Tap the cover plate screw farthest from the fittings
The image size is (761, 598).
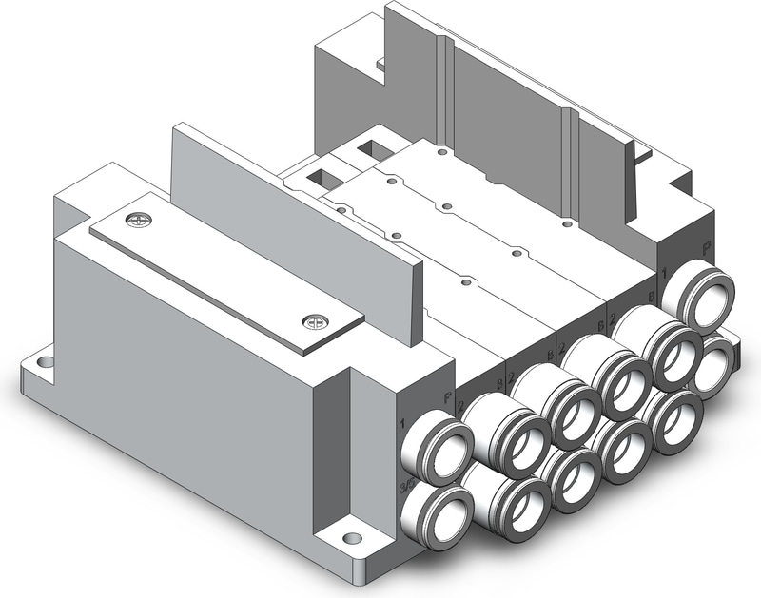click(x=140, y=222)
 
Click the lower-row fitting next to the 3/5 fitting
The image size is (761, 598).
click(x=512, y=493)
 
